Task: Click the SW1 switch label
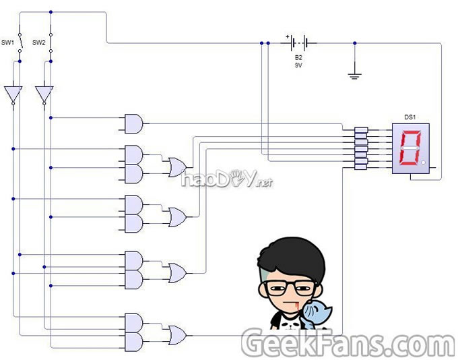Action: pyautogui.click(x=8, y=42)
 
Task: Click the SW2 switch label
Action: pyautogui.click(x=38, y=42)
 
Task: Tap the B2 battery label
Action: pyautogui.click(x=298, y=59)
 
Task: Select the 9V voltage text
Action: pyautogui.click(x=298, y=66)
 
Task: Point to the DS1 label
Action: pyautogui.click(x=410, y=117)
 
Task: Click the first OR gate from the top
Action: pyautogui.click(x=178, y=166)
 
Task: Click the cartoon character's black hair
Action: pyautogui.click(x=291, y=260)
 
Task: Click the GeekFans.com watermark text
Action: pyautogui.click(x=348, y=344)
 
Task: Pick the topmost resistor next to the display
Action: pyautogui.click(x=361, y=131)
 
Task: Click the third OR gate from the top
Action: pyautogui.click(x=178, y=272)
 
